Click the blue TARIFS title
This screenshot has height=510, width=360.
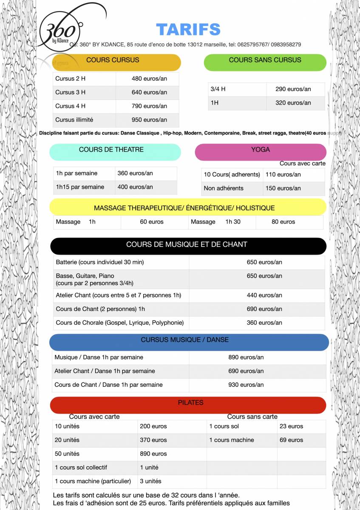coord(188,29)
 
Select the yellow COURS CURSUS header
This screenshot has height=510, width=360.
coord(113,60)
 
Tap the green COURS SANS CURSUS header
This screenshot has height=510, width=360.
coord(265,60)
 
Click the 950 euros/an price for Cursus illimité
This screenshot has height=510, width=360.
coord(149,120)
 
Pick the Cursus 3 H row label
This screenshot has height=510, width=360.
coord(71,92)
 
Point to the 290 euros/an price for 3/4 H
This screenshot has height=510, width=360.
coord(293,89)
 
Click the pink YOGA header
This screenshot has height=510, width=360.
coord(261,150)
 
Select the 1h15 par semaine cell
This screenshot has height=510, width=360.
coord(80,187)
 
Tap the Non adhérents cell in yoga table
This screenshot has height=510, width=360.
coord(224,188)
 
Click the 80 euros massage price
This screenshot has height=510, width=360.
coord(283,222)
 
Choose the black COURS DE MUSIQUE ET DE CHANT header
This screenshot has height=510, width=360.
coord(187,245)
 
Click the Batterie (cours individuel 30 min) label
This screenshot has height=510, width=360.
coord(100,262)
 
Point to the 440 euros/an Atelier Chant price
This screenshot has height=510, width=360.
coord(264,295)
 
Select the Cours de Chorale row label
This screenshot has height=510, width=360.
coord(120,323)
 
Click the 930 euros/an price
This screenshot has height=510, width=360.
coord(246,385)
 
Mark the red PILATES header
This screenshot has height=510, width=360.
coord(190,403)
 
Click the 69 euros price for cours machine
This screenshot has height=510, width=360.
coord(291,440)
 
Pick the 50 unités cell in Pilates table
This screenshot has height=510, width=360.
coord(67,454)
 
